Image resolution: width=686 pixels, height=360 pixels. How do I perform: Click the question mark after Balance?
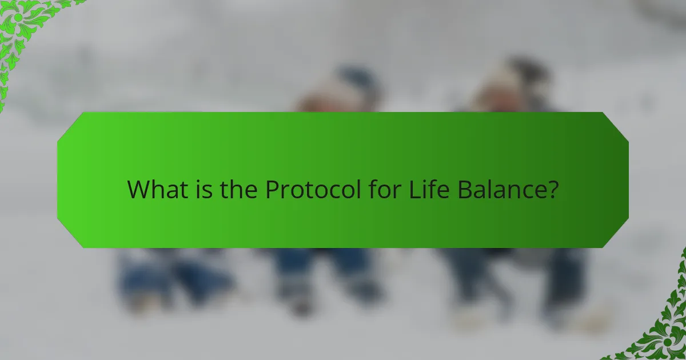click(x=552, y=190)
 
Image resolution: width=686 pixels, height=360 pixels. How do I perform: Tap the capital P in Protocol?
click(x=272, y=190)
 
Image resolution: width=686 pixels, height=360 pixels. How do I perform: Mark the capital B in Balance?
click(x=463, y=190)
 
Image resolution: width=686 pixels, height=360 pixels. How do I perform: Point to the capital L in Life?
click(x=413, y=190)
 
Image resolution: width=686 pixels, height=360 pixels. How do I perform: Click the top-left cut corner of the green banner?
click(x=70, y=125)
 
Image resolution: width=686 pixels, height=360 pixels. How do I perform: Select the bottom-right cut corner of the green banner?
click(x=616, y=235)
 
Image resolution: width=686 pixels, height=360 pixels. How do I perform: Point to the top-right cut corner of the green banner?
click(x=616, y=125)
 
